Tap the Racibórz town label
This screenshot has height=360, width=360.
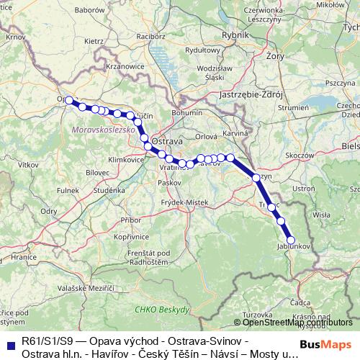click(x=150, y=35)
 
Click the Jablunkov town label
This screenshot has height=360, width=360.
click(x=292, y=246)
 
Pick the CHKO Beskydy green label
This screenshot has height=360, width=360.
click(x=162, y=309)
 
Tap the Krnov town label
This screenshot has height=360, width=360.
click(x=15, y=35)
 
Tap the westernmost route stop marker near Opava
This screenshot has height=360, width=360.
click(x=70, y=101)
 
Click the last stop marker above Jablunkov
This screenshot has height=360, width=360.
click(x=292, y=240)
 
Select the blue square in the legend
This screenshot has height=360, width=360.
click(x=10, y=344)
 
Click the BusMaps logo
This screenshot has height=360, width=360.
click(x=326, y=345)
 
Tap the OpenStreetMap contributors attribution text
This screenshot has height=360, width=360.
click(x=293, y=322)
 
